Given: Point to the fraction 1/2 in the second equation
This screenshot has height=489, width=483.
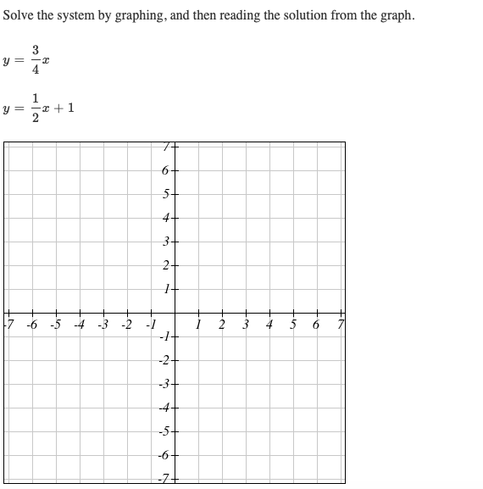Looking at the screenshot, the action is pyautogui.click(x=35, y=109).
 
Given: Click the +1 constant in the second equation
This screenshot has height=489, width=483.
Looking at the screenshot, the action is pyautogui.click(x=69, y=108).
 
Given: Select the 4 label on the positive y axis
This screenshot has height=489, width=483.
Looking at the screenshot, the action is pyautogui.click(x=166, y=218).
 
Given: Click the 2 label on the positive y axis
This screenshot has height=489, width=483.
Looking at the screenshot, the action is pyautogui.click(x=166, y=265).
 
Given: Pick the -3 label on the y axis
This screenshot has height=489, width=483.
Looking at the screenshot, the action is pyautogui.click(x=164, y=384).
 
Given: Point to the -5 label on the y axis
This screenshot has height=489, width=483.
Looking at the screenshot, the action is pyautogui.click(x=164, y=431).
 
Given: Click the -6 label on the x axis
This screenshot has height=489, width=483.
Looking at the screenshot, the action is pyautogui.click(x=31, y=325).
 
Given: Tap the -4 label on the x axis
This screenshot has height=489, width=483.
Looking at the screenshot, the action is pyautogui.click(x=79, y=325).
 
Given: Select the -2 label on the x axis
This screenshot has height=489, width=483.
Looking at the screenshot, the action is pyautogui.click(x=126, y=325).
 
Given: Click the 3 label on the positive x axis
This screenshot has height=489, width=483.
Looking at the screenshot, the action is pyautogui.click(x=246, y=325).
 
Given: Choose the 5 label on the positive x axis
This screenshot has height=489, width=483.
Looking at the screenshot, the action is pyautogui.click(x=293, y=325).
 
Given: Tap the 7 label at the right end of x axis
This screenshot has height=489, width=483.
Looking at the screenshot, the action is pyautogui.click(x=340, y=325).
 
